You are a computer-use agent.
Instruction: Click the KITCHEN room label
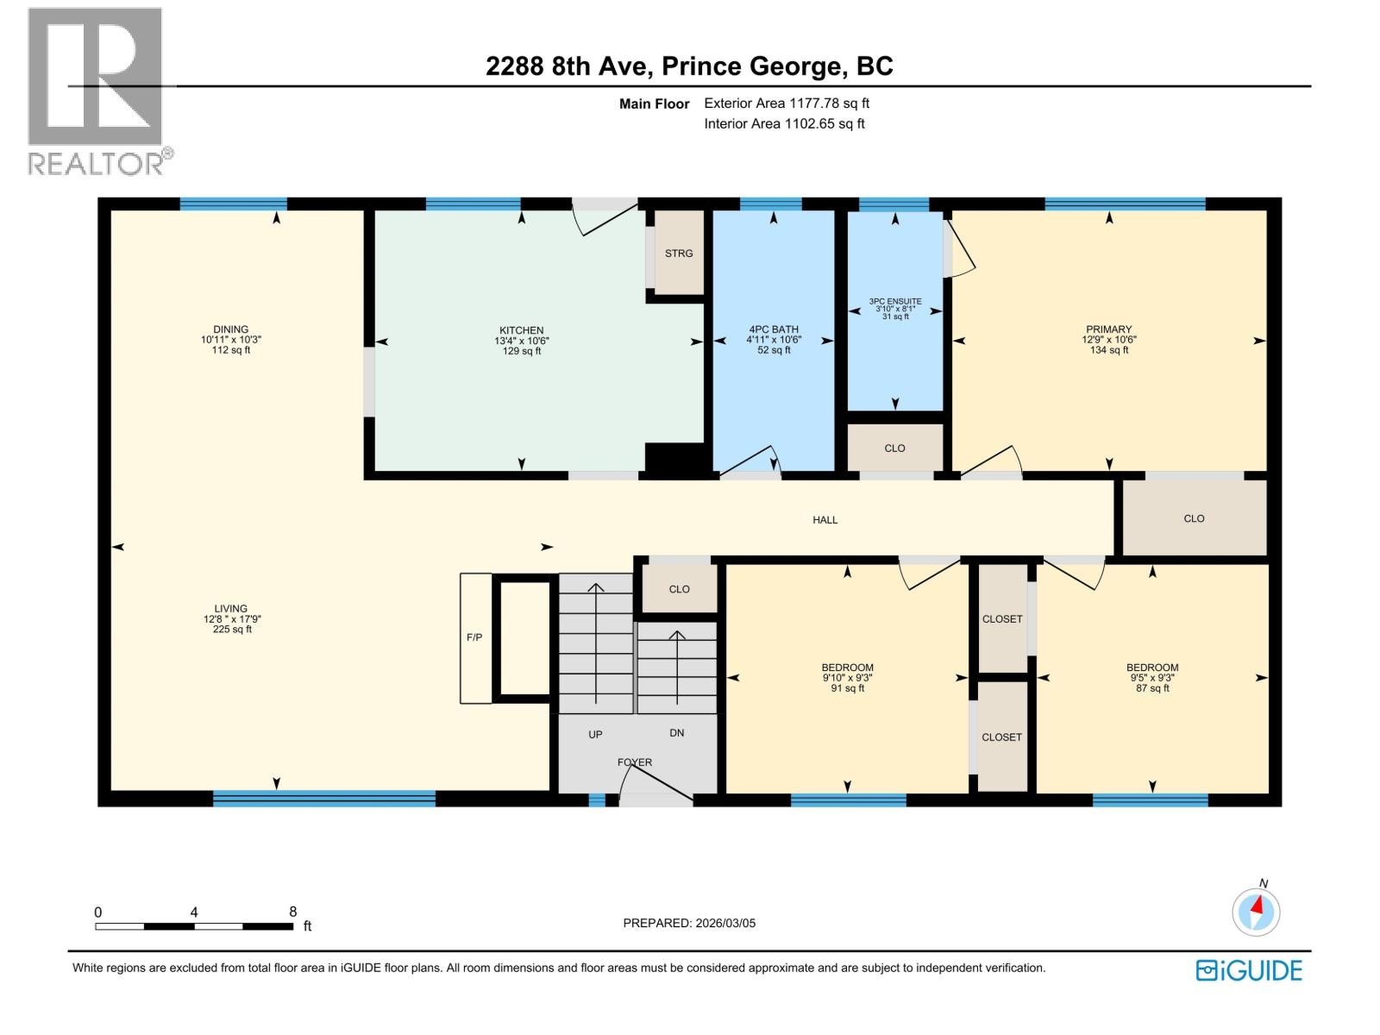click(522, 330)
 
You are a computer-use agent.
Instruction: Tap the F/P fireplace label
click(474, 637)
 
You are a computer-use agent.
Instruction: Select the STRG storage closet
click(679, 254)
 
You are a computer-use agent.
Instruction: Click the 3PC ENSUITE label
click(895, 302)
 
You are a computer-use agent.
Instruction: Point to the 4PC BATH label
click(774, 329)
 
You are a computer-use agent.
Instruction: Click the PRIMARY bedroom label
click(1109, 329)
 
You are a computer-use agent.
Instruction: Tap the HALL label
click(825, 520)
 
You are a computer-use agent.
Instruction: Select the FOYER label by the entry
click(635, 762)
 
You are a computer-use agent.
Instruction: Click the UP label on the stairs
click(595, 735)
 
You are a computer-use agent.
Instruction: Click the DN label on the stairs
click(677, 733)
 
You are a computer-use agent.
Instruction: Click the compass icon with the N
click(1257, 911)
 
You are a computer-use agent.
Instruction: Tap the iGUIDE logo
click(1249, 970)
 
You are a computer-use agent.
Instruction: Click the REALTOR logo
click(97, 91)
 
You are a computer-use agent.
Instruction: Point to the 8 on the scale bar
click(293, 912)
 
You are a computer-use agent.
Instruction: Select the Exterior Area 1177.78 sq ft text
click(787, 103)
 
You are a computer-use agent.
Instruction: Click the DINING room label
click(231, 329)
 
